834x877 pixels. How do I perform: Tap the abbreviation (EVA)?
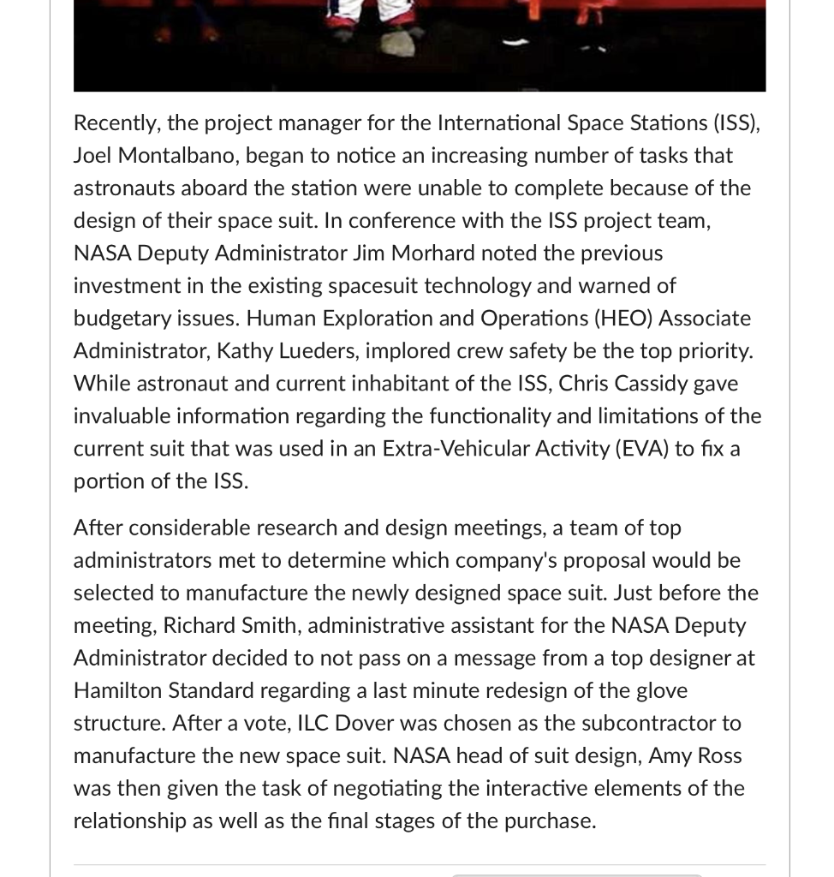pyautogui.click(x=641, y=449)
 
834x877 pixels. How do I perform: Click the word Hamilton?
pyautogui.click(x=117, y=690)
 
